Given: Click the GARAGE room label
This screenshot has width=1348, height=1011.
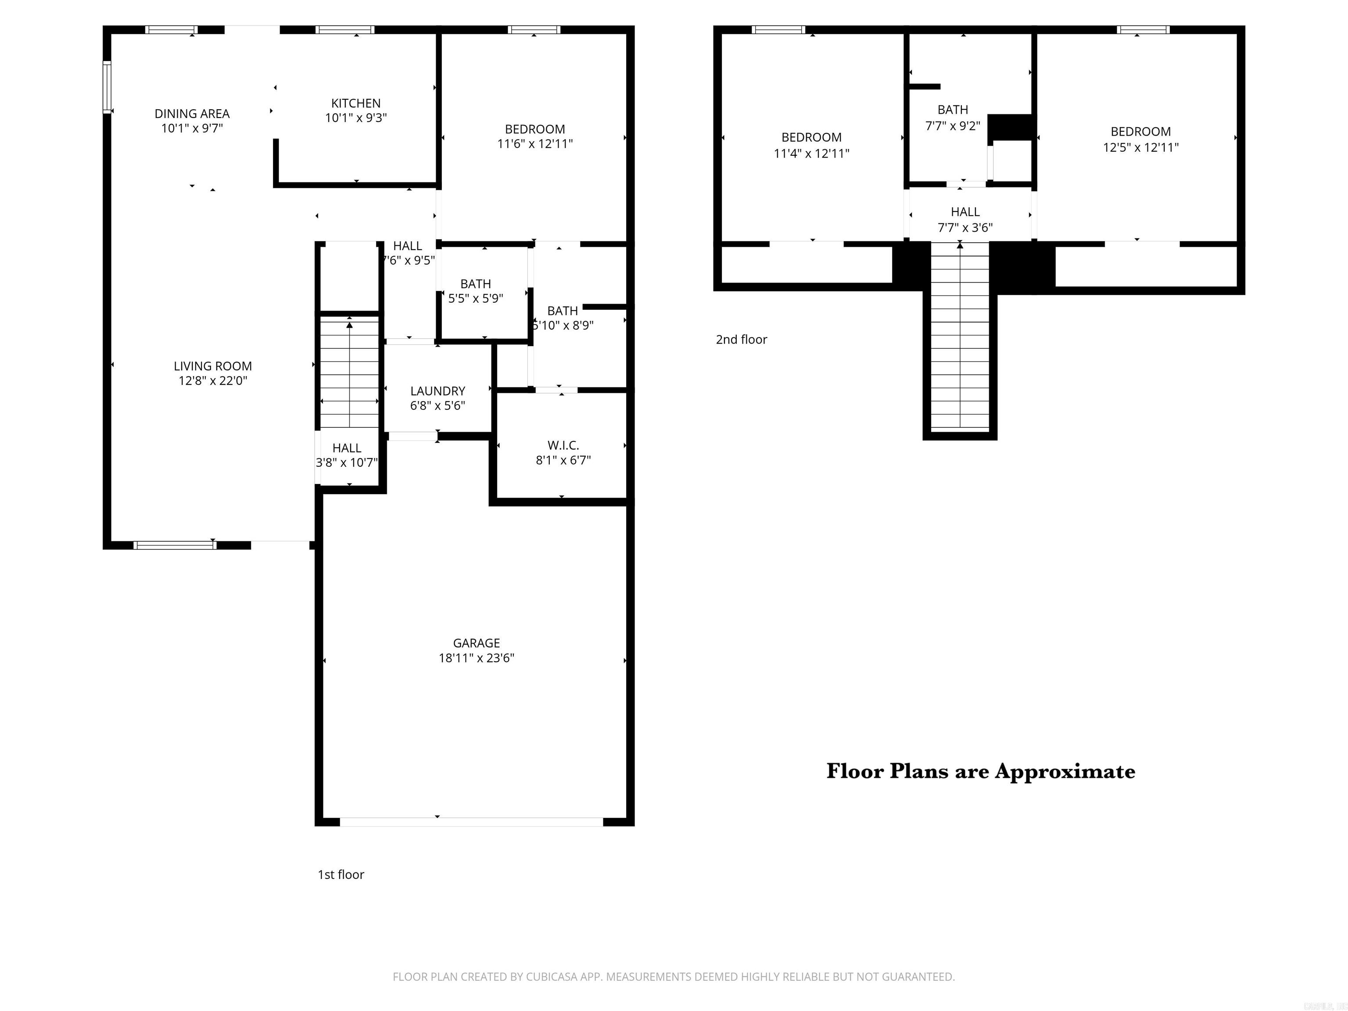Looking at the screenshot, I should (x=476, y=643).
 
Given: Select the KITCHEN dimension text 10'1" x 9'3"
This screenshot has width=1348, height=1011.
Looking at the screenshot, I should (x=356, y=118).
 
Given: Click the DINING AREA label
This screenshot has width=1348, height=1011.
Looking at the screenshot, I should (x=192, y=114).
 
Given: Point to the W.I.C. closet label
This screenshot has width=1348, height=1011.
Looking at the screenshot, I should (x=563, y=445).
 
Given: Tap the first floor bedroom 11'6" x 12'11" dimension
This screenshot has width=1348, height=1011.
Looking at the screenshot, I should (x=535, y=144).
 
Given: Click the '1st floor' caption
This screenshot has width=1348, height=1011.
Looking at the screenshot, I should (x=341, y=875).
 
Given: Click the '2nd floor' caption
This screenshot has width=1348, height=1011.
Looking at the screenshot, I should (x=741, y=340).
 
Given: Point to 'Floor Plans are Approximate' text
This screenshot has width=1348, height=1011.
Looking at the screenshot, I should (x=981, y=771).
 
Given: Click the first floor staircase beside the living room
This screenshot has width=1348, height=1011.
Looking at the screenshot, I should (x=349, y=372).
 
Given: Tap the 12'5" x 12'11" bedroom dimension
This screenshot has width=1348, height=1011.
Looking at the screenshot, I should (x=1140, y=147).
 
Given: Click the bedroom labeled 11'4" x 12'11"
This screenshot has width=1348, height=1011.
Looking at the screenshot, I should (x=811, y=154).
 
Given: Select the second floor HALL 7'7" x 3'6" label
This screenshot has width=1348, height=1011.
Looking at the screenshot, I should (x=964, y=212).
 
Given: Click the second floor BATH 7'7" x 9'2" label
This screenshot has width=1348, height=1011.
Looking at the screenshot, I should (x=953, y=110).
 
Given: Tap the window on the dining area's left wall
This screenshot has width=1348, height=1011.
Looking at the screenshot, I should (x=107, y=87).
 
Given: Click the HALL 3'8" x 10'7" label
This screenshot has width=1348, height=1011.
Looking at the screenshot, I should (x=347, y=448).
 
